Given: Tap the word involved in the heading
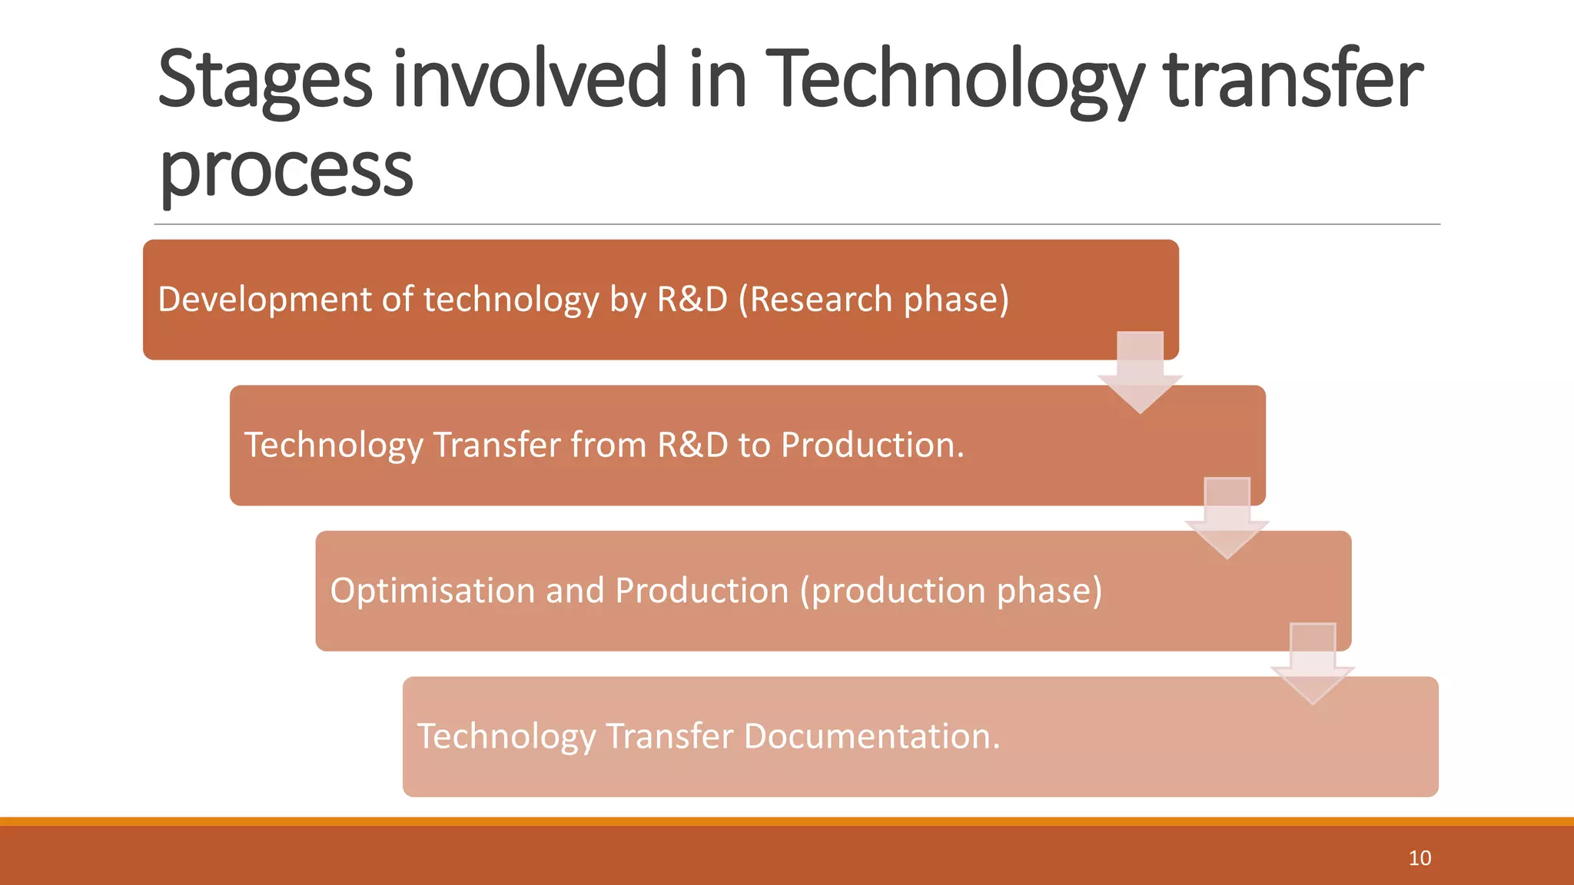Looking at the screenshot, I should coord(530,78).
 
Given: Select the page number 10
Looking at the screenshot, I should coord(1419,858).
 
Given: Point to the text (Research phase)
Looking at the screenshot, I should coord(873,300).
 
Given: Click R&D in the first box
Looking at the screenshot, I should coord(692,300).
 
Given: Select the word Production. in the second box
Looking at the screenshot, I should coord(872,446).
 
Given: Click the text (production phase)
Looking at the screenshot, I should coord(951,591).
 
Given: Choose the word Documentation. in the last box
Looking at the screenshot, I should coord(872,736).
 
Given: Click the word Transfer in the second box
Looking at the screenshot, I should coord(496,446).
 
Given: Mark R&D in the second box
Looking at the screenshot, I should coord(692,446).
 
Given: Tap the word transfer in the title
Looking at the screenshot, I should coord(1293,78).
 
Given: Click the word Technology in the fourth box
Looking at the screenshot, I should coord(506,736).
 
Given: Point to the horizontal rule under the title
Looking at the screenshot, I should coord(796,224).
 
